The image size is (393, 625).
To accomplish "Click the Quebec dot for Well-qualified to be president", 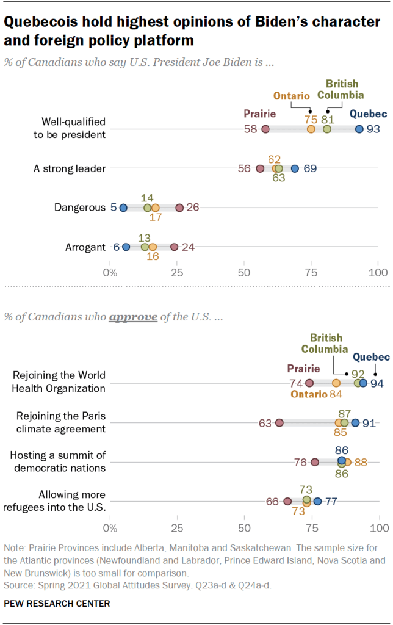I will pyautogui.click(x=359, y=129).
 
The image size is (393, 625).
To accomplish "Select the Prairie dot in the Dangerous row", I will pyautogui.click(x=179, y=208).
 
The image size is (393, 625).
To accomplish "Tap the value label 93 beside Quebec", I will pyautogui.click(x=373, y=129).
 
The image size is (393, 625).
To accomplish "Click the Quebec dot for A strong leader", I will pyautogui.click(x=295, y=168).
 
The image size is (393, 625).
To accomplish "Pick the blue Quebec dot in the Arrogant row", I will pyautogui.click(x=126, y=247).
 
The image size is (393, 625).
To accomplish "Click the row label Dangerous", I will pyautogui.click(x=79, y=208).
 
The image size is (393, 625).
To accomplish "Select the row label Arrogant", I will pyautogui.click(x=85, y=247).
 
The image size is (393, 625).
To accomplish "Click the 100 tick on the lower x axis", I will pyautogui.click(x=379, y=527).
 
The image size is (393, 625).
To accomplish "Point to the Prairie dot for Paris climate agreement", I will pyautogui.click(x=279, y=422).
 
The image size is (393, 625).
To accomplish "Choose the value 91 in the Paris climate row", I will pyautogui.click(x=369, y=422).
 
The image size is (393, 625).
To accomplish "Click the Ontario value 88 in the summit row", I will pyautogui.click(x=361, y=462).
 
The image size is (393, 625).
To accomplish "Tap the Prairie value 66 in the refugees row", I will pyautogui.click(x=272, y=502).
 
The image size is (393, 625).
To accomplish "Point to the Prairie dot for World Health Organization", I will pyautogui.click(x=309, y=383).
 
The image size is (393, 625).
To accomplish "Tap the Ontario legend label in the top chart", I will pyautogui.click(x=291, y=96).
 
